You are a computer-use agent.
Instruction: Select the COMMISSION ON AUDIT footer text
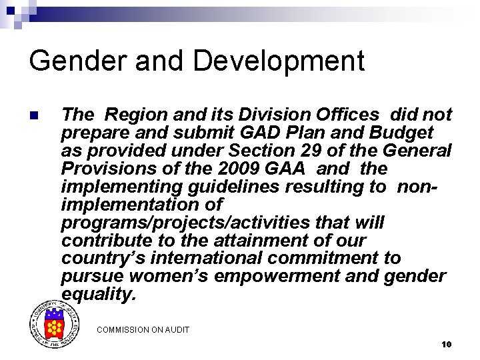143,329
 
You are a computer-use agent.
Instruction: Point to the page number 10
446,344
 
